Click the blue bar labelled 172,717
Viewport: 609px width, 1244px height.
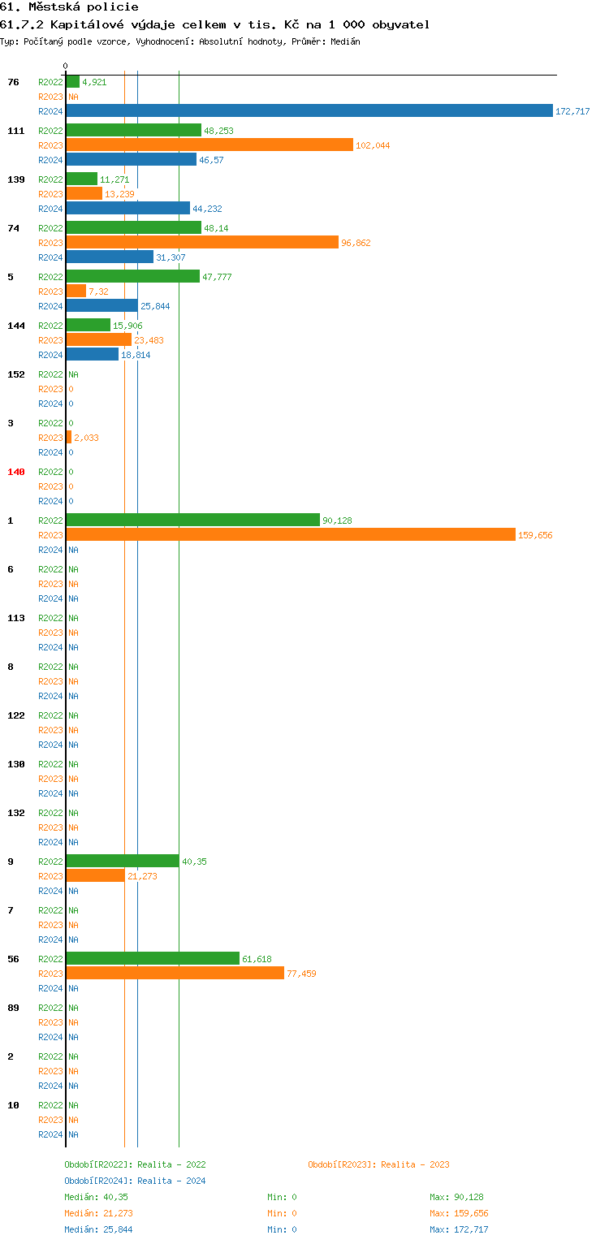click(x=309, y=110)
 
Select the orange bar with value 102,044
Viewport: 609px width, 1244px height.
click(x=209, y=145)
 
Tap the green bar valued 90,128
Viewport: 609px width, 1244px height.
click(x=193, y=520)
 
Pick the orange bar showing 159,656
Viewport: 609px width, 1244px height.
click(x=291, y=534)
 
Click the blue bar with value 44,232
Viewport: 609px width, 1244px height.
click(x=128, y=208)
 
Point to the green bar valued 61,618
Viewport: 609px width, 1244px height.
click(x=153, y=958)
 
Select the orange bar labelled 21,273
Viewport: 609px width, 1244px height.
click(x=96, y=875)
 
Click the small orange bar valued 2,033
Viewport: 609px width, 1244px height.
click(x=69, y=437)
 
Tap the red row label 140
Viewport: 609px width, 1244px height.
click(x=16, y=472)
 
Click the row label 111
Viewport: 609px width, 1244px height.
click(x=16, y=131)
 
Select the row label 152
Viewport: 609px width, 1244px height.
click(x=16, y=374)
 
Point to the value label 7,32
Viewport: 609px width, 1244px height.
click(x=98, y=292)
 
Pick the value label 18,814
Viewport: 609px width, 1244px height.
click(x=136, y=355)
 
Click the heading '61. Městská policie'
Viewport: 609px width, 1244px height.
click(x=69, y=7)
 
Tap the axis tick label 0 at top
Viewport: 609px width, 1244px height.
click(x=66, y=66)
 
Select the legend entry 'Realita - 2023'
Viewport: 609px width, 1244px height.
click(x=378, y=1164)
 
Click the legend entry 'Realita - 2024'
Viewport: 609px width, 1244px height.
click(x=135, y=1181)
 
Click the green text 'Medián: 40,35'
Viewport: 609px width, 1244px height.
click(x=96, y=1197)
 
